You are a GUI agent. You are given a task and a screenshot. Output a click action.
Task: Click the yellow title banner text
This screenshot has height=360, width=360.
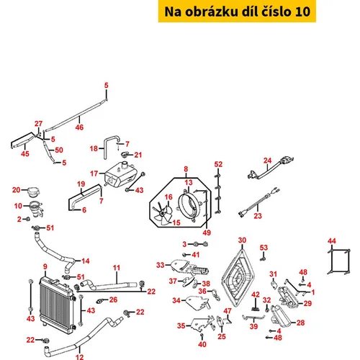tap(237, 12)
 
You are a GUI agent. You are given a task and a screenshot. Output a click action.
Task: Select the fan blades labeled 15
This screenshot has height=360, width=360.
tap(162, 214)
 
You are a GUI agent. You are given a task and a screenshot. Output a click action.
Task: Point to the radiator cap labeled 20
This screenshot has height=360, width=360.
tap(34, 192)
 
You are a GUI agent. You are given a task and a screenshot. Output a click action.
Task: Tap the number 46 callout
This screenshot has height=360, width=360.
tap(79, 127)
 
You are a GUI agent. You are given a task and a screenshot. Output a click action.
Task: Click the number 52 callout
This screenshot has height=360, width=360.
tap(218, 164)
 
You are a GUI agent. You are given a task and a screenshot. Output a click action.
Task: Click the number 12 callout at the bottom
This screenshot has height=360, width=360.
tap(80, 357)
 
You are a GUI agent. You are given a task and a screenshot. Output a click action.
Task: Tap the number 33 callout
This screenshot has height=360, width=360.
tap(161, 265)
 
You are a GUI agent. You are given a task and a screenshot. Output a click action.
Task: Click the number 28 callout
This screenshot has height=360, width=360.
tap(300, 323)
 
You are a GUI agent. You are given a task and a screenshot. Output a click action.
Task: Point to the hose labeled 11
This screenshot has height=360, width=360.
tap(109, 284)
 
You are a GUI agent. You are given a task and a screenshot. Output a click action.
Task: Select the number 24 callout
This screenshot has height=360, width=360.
tap(267, 161)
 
